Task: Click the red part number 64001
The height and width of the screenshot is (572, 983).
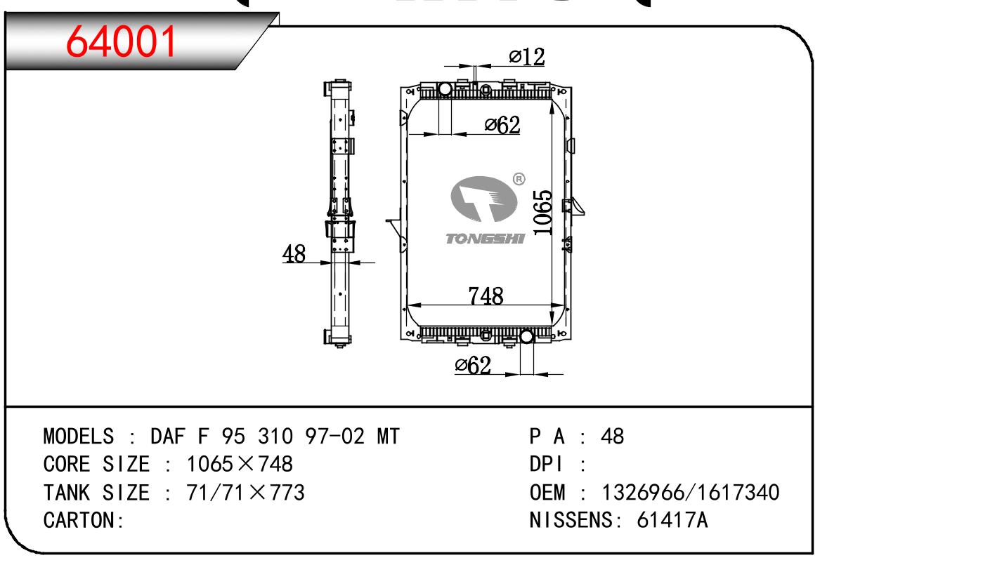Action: click(x=121, y=41)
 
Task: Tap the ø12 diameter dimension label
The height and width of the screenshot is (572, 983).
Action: click(x=526, y=57)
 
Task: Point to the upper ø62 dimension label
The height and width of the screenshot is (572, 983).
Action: click(x=502, y=125)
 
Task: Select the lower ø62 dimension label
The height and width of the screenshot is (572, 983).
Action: click(x=473, y=365)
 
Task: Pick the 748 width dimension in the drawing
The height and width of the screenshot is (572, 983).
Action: click(x=486, y=296)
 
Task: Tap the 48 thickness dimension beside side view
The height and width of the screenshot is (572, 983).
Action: click(x=294, y=254)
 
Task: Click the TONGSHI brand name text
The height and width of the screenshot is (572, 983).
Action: click(x=485, y=239)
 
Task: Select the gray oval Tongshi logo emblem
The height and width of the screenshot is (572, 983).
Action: click(x=483, y=199)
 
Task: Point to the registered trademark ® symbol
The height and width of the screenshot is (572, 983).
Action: click(x=519, y=179)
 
